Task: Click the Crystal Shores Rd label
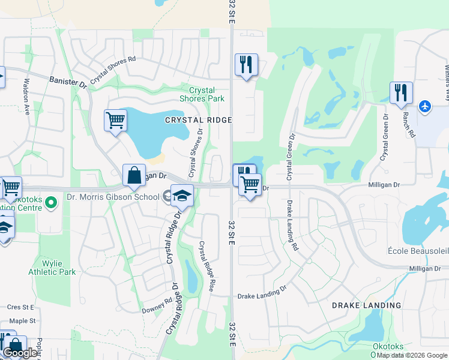pyautogui.click(x=113, y=70)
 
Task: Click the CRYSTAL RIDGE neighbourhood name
pyautogui.click(x=199, y=120)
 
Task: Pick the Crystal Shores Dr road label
pyautogui.click(x=196, y=152)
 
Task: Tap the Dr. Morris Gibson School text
pyautogui.click(x=113, y=197)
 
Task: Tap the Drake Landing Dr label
pyautogui.click(x=262, y=296)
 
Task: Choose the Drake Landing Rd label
pyautogui.click(x=292, y=225)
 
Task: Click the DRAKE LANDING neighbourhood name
pyautogui.click(x=366, y=305)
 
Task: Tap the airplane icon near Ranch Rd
pyautogui.click(x=426, y=106)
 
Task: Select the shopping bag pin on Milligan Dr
pyautogui.click(x=134, y=175)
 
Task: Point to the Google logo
pyautogui.click(x=20, y=353)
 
